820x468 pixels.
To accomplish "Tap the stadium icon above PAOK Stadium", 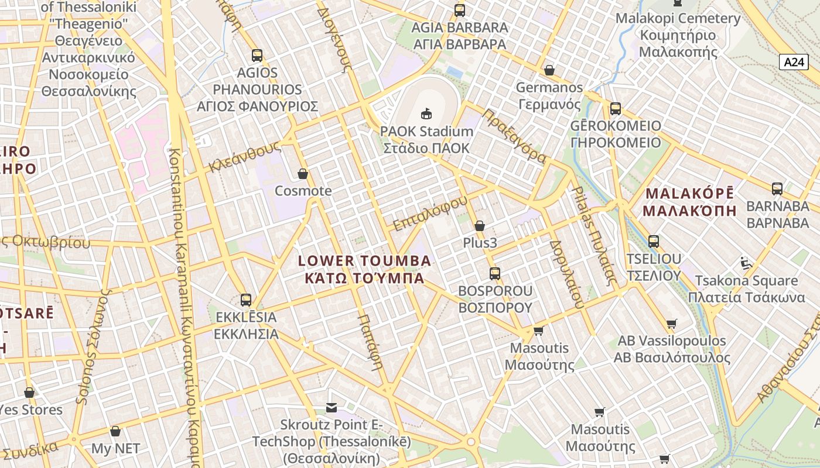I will (426, 113).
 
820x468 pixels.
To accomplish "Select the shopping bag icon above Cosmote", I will (303, 174).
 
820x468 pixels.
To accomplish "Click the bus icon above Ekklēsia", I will (246, 300).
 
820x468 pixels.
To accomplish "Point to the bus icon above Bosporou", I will (495, 273).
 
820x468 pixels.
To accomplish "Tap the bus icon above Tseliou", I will (654, 241).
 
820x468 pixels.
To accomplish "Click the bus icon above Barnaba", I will (777, 189).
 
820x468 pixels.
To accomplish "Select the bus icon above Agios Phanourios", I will (257, 56).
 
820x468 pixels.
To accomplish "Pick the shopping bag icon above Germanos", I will (549, 70).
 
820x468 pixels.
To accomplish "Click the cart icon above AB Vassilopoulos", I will (672, 324).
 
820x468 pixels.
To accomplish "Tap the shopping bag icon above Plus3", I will (480, 225).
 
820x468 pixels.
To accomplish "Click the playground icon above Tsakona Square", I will (746, 263).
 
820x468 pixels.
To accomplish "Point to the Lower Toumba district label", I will (365, 269).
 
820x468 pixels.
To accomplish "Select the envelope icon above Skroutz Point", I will (332, 407).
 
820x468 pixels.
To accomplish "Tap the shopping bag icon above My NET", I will (115, 431).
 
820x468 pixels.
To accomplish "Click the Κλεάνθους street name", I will (244, 157).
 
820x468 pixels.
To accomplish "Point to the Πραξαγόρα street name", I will (514, 136).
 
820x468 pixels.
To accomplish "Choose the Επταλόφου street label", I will (430, 213).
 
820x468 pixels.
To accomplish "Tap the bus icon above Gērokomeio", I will (616, 108).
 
